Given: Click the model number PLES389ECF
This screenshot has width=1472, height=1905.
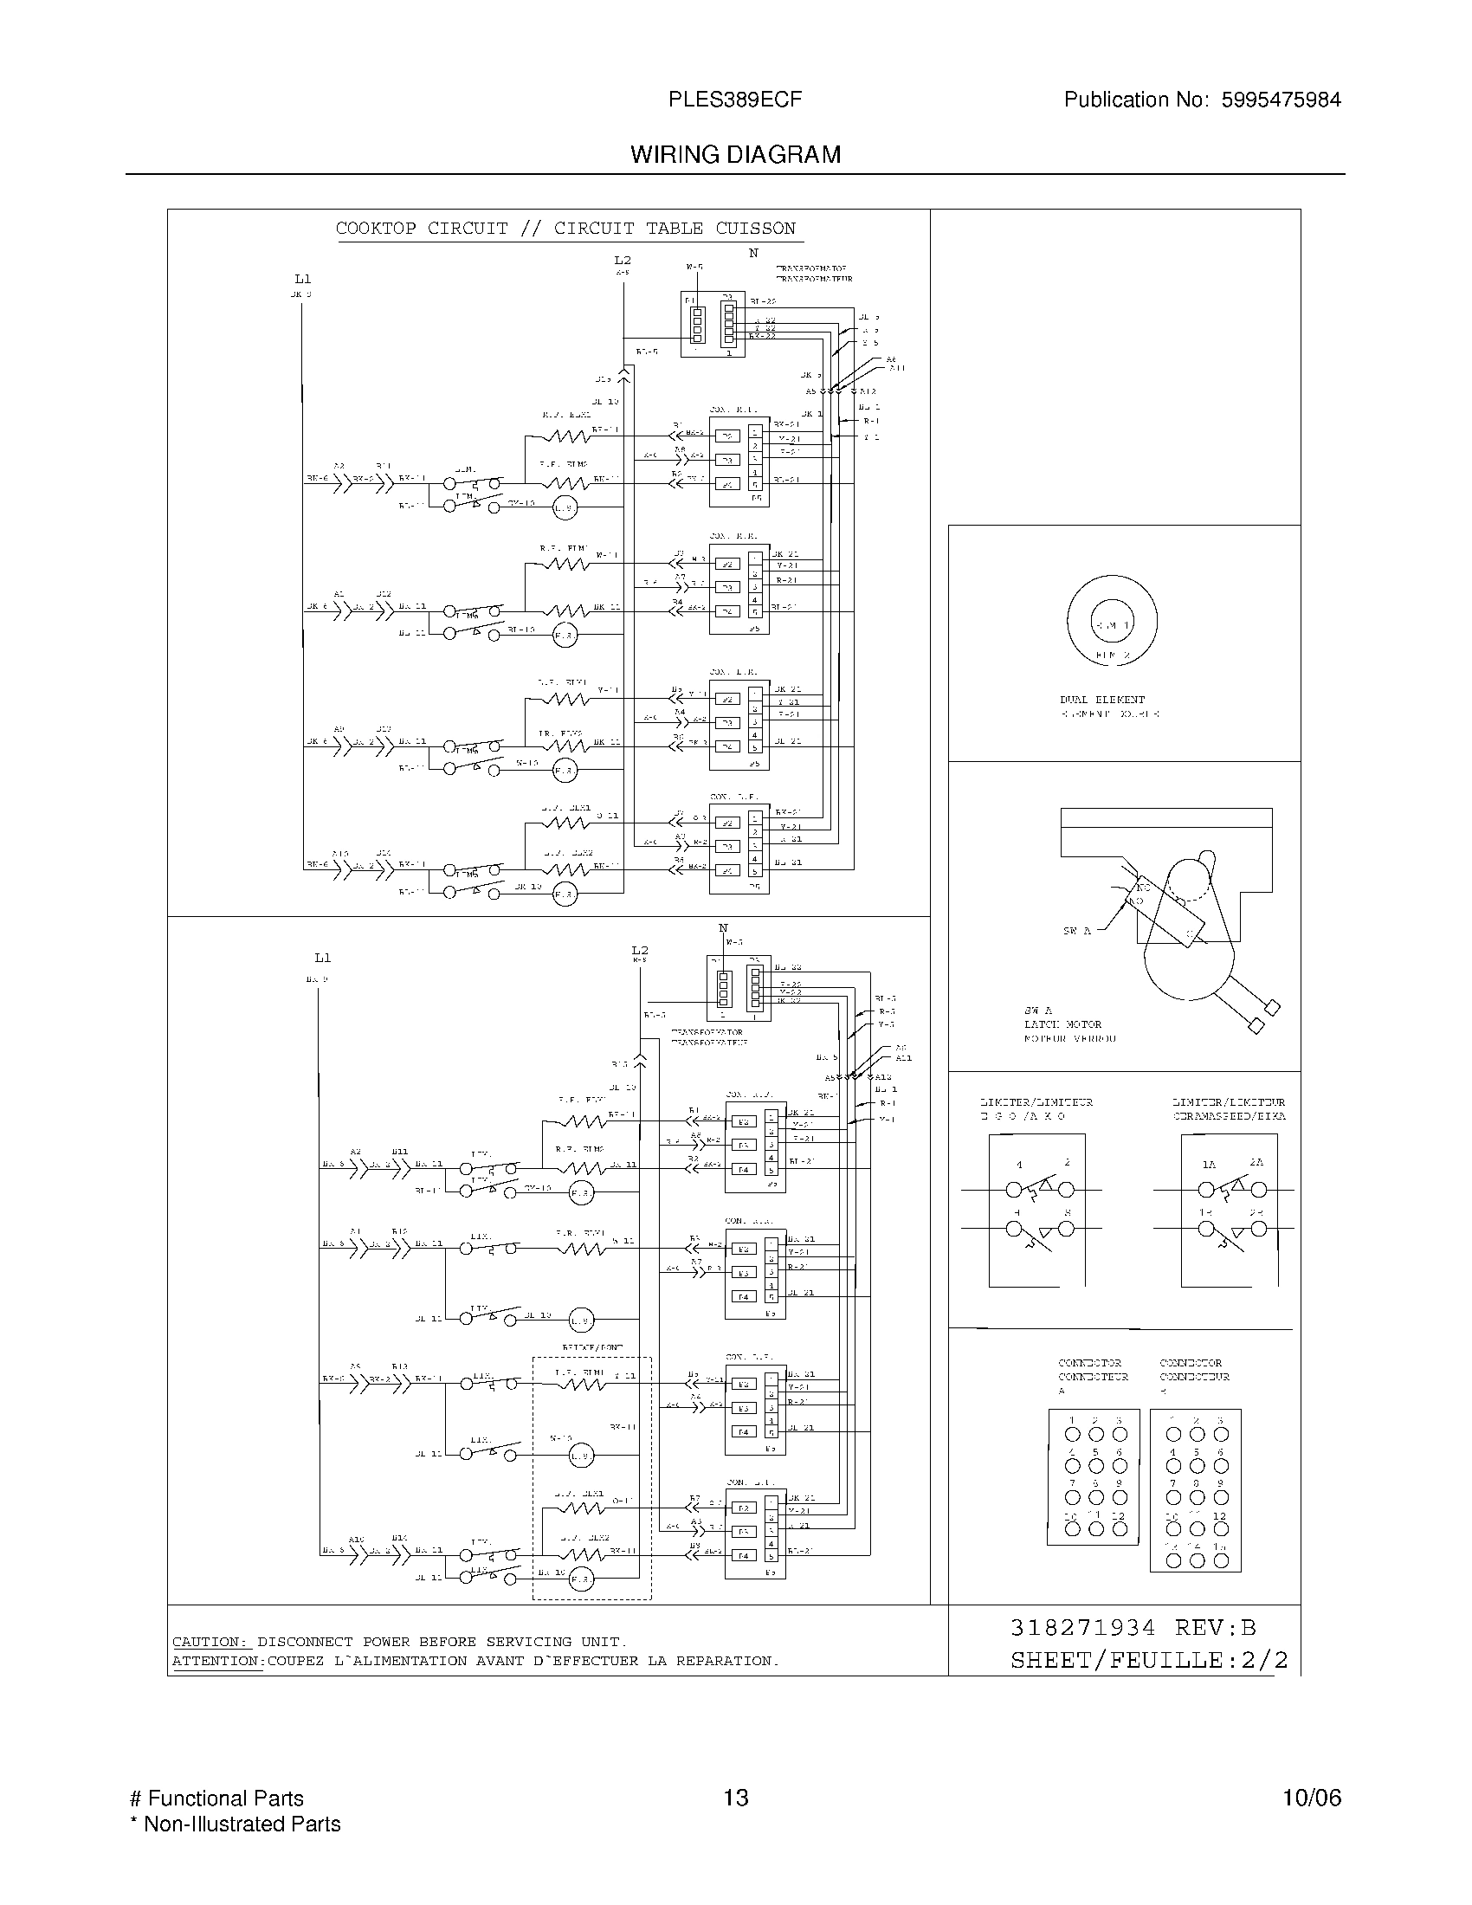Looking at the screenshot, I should tap(734, 100).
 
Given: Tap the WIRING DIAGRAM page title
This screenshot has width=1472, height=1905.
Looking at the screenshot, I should tap(735, 154).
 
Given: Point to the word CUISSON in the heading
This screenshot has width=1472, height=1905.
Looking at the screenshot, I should tap(755, 229).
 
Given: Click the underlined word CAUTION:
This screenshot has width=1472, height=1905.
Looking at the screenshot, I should tap(210, 1642).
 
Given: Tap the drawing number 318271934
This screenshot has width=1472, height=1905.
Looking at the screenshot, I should tap(1082, 1628).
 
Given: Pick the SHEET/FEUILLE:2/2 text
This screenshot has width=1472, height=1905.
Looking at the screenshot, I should tap(1148, 1660).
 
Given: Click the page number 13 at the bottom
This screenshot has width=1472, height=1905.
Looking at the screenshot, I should tap(735, 1798).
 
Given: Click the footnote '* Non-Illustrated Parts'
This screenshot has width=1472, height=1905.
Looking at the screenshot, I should tap(236, 1824).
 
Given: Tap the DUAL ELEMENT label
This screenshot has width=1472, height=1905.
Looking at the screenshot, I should tap(1102, 700).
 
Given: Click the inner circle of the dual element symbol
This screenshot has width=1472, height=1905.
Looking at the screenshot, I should tap(1112, 624).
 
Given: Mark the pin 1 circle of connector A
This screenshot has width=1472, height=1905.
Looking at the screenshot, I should tap(1074, 1434).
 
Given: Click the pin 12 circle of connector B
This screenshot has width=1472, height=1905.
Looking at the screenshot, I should tap(1221, 1528).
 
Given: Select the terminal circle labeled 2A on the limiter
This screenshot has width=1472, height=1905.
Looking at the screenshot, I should tap(1258, 1189).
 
